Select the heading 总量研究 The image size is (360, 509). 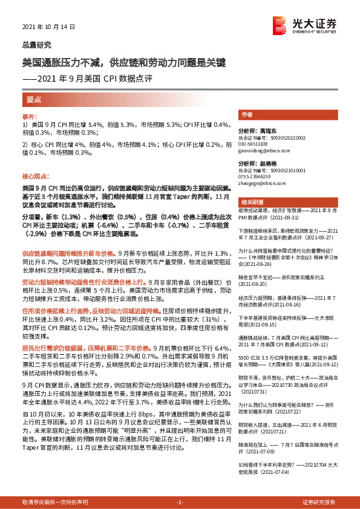point(36,44)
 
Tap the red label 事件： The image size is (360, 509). point(30,115)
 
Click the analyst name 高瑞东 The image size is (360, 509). point(266,130)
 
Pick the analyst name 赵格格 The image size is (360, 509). point(266,164)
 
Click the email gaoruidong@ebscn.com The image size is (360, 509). point(263,150)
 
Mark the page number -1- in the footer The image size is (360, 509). point(180,502)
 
